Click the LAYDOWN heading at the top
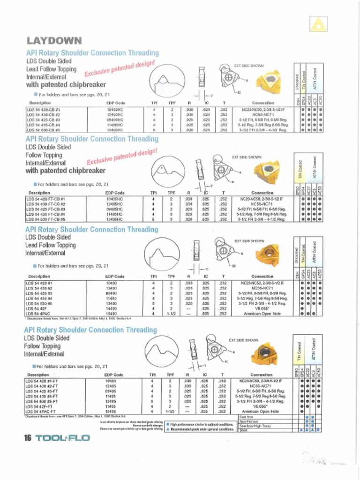(x=54, y=41)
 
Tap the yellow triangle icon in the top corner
(x=318, y=23)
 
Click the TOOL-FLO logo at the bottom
(x=63, y=438)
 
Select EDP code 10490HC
(x=115, y=109)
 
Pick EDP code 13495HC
(x=115, y=218)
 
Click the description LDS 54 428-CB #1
(x=45, y=109)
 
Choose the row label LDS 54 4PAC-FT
(x=42, y=411)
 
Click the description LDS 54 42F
(x=37, y=308)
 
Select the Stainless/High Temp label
(x=255, y=425)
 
